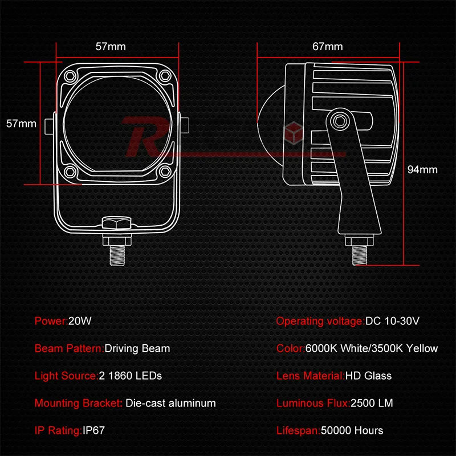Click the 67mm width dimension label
[x=327, y=47]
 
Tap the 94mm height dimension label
[x=422, y=169]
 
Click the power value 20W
[x=80, y=320]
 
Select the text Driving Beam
[x=137, y=348]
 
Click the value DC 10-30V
[x=393, y=320]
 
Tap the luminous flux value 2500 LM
[x=372, y=403]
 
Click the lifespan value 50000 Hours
[x=352, y=430]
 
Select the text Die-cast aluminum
[x=170, y=403]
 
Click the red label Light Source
[x=65, y=376]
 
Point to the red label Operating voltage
[x=319, y=320]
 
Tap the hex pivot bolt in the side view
[x=340, y=120]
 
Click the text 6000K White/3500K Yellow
[x=372, y=348]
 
